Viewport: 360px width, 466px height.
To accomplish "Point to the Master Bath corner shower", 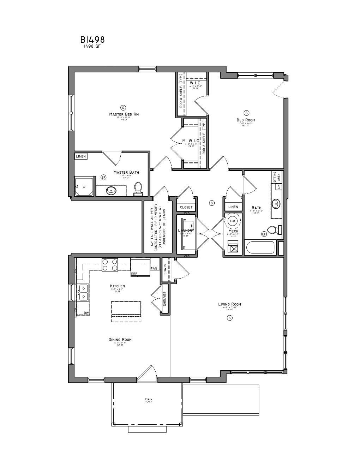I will [x=84, y=186].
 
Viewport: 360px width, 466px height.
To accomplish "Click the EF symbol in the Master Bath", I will [x=103, y=177].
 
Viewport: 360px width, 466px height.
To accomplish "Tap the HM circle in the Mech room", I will [x=232, y=221].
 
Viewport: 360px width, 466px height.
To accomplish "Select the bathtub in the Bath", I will [x=260, y=247].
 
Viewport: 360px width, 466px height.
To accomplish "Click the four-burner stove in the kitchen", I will [x=110, y=265].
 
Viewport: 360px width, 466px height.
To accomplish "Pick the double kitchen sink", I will [x=83, y=292].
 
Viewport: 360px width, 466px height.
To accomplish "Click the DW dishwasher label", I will [x=86, y=313].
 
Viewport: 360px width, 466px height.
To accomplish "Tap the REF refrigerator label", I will [x=134, y=274].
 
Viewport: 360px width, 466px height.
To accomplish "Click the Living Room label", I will [x=230, y=304].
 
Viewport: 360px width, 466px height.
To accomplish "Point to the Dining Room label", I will [x=120, y=340].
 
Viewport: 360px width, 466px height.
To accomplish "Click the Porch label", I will [x=148, y=399].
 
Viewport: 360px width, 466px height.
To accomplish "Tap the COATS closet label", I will [x=165, y=270].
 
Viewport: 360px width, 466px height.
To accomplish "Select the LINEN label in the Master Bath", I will [x=81, y=156].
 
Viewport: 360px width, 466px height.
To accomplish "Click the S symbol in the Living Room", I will [x=230, y=318].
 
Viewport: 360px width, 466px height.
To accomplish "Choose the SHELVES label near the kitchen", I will [x=165, y=299].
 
